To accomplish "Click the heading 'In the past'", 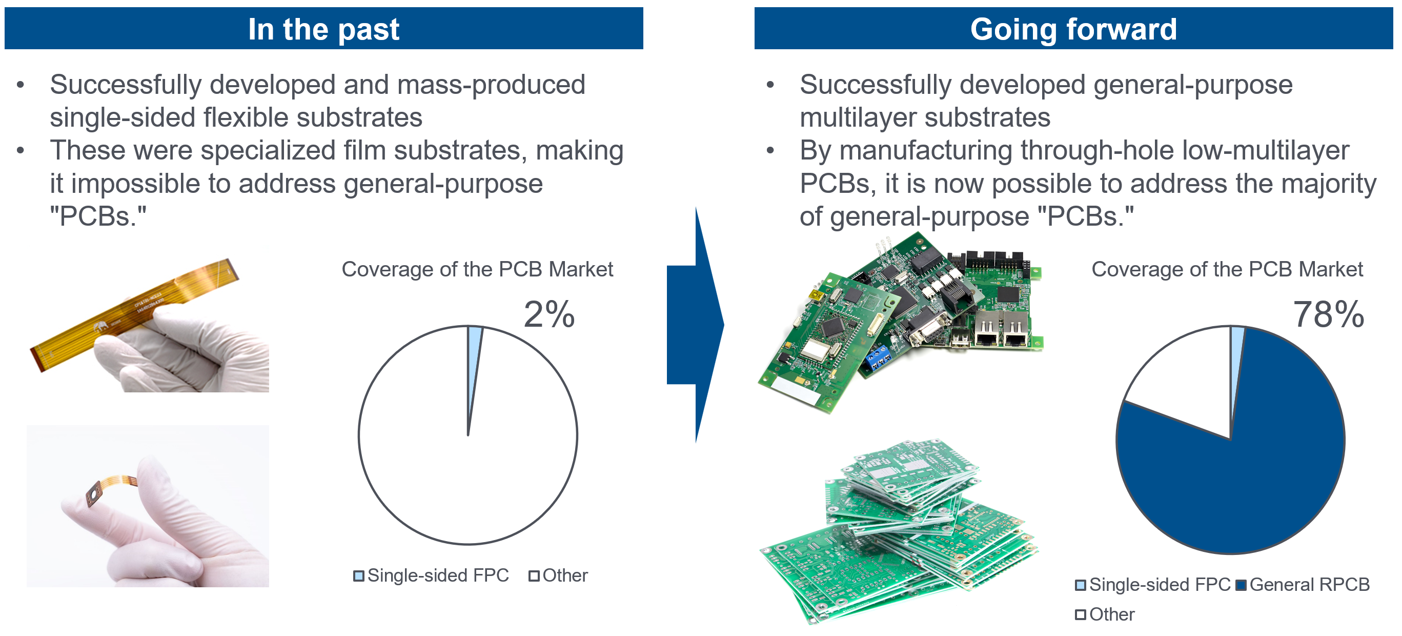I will [323, 29].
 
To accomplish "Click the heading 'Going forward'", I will [1073, 29].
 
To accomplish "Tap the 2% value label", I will [548, 314].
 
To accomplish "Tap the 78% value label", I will [1329, 314].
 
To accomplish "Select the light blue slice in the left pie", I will [473, 354].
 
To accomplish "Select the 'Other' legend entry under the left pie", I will [559, 575].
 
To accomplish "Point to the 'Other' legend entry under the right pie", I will [1105, 615].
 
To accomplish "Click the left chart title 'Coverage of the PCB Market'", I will [477, 270].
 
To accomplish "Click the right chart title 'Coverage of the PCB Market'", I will [1227, 270].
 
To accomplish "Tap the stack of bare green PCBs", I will [898, 533].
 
